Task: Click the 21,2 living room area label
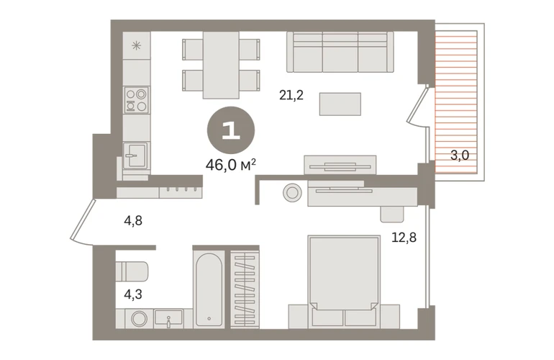point(291,95)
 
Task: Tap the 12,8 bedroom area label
point(404,238)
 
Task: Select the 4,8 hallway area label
point(133,220)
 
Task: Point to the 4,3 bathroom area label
point(133,294)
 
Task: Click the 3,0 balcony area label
point(460,155)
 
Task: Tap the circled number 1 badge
point(231,130)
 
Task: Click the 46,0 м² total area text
point(231,165)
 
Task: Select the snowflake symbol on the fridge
point(137,45)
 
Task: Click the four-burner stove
point(137,100)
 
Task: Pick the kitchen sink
point(136,155)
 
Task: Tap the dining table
point(221,65)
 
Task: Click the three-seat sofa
point(340,52)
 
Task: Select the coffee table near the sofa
point(340,104)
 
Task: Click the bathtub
point(209,289)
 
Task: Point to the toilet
point(132,271)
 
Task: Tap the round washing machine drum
point(140,319)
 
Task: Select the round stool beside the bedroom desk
point(292,193)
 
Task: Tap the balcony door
point(418,105)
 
